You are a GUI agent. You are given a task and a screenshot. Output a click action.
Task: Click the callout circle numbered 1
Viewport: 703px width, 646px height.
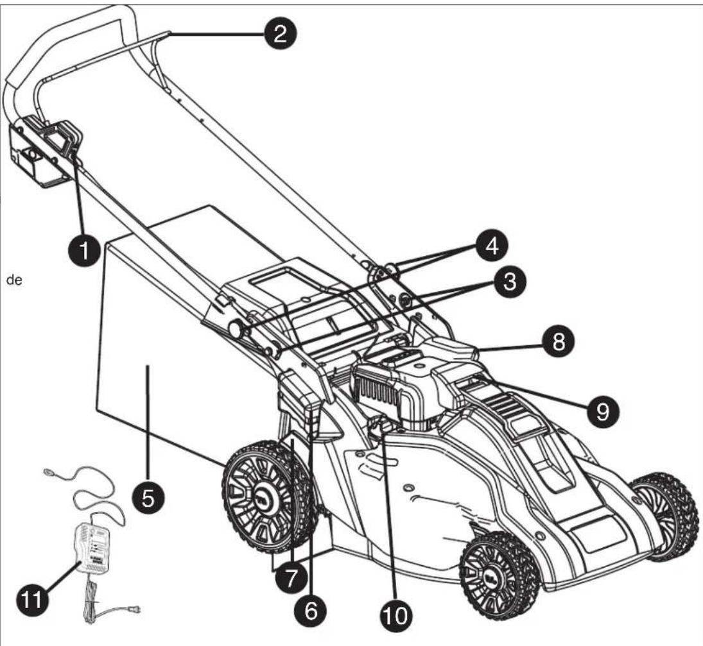click(x=84, y=250)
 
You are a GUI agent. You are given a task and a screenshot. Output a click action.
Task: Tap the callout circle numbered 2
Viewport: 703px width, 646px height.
click(x=280, y=33)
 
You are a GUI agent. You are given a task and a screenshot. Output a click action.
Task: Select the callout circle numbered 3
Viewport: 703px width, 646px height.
click(x=510, y=283)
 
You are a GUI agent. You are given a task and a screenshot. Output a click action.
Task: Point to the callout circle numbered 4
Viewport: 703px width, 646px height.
click(x=492, y=246)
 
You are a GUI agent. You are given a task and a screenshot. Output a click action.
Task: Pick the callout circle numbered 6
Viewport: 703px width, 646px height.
click(x=311, y=610)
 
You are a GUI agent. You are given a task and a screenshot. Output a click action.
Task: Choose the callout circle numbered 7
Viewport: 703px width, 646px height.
click(x=290, y=577)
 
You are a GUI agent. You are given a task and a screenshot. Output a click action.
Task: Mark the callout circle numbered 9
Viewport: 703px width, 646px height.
click(x=602, y=411)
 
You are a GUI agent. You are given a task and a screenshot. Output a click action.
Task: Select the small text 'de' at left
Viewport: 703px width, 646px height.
click(x=14, y=281)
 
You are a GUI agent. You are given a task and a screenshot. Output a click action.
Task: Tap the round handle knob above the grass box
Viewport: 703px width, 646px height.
click(x=236, y=330)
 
